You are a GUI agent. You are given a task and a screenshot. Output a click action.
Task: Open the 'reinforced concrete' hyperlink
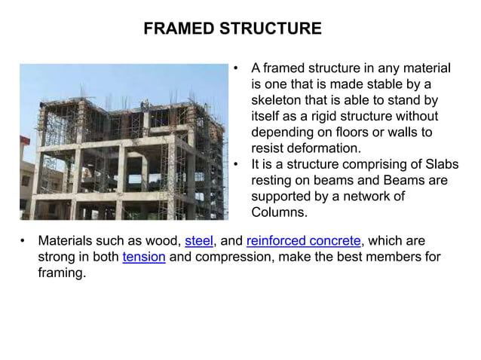[x=304, y=241]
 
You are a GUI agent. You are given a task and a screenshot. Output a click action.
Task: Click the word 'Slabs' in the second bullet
[x=441, y=165]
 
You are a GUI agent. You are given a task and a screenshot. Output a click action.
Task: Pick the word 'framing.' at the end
[x=62, y=273]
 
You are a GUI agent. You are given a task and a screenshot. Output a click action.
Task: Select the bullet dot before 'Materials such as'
[x=23, y=241]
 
